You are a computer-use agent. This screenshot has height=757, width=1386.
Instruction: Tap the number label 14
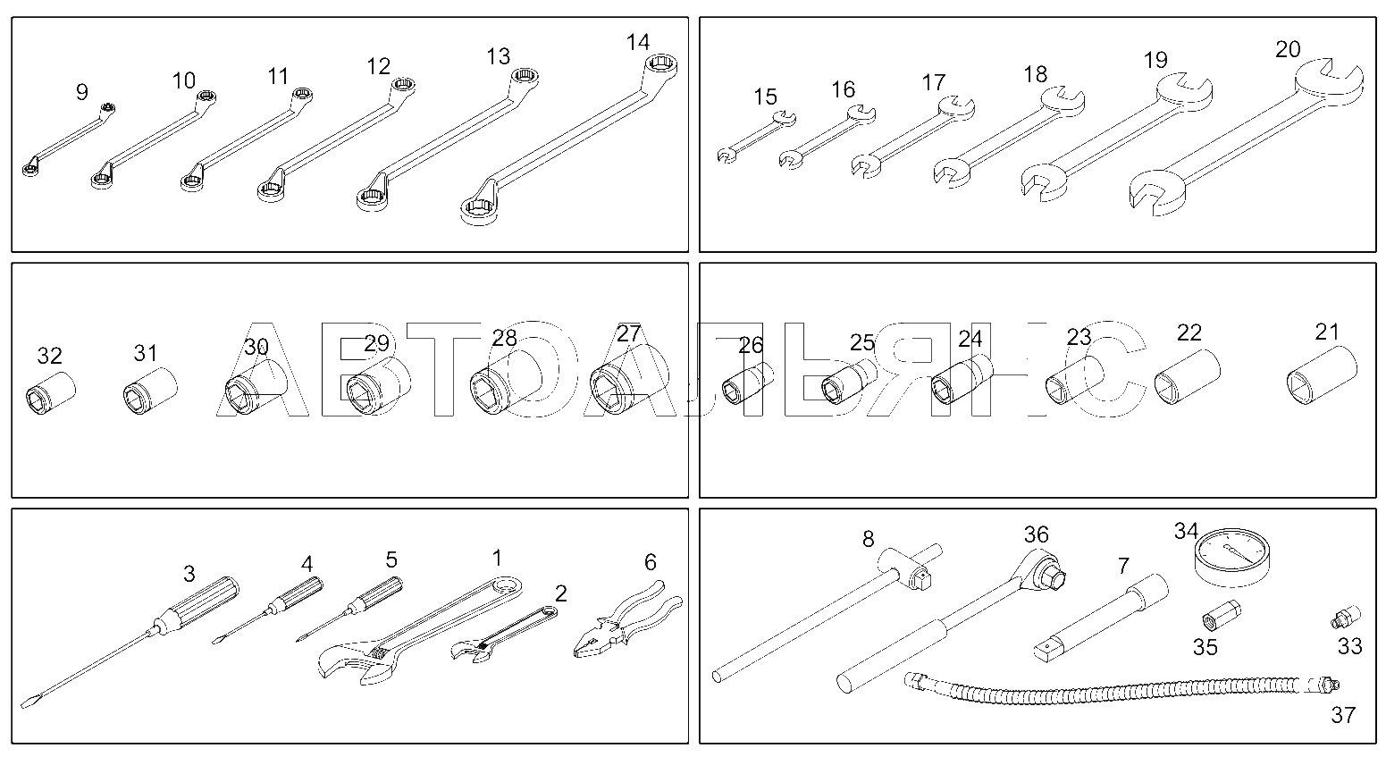[638, 42]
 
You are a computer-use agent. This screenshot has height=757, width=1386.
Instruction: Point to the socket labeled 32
[51, 392]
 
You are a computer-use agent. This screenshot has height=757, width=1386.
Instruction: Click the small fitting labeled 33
[1346, 617]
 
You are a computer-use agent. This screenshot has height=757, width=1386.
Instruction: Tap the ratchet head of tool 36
[1045, 568]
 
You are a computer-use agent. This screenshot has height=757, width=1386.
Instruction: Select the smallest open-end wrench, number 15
[756, 137]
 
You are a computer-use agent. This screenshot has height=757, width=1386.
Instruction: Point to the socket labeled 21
[1322, 375]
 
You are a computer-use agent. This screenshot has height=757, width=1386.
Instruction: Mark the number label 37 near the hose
[1343, 716]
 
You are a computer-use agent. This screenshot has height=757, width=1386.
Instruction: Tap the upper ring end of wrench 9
[108, 109]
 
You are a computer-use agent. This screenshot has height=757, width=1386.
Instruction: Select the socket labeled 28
[506, 383]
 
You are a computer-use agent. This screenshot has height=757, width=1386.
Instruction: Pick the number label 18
[1035, 74]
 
